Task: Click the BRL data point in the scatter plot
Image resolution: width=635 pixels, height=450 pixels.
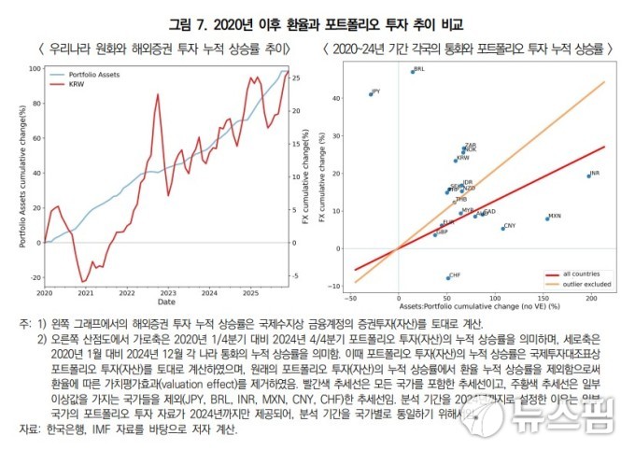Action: [411, 71]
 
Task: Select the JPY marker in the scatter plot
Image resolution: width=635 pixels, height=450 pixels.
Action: [370, 93]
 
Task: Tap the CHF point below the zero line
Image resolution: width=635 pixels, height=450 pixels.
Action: [447, 277]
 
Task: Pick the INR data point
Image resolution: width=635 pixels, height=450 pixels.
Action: [588, 175]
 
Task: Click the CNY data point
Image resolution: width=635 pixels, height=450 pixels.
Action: [502, 227]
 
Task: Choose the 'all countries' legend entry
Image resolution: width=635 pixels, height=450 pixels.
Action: [576, 274]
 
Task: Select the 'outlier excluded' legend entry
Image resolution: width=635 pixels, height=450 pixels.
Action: [580, 283]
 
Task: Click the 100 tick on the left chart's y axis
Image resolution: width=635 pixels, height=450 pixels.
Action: [35, 68]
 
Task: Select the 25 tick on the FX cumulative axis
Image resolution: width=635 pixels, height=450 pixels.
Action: [295, 77]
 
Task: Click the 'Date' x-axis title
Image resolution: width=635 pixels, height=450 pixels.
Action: [165, 302]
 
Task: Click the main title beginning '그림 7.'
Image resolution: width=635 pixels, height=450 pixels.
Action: [317, 22]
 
